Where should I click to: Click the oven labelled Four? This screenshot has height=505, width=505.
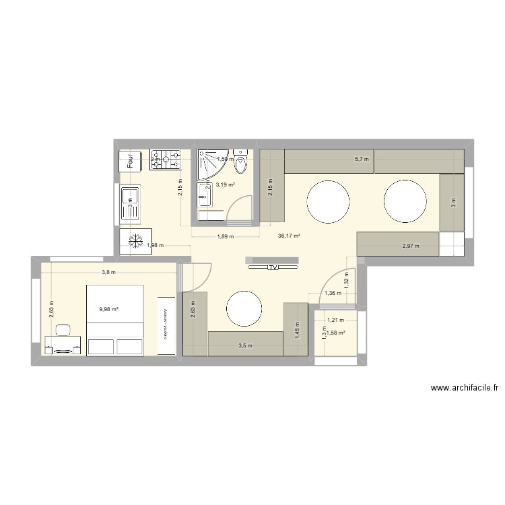[130, 160]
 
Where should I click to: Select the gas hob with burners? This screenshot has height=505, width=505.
[166, 160]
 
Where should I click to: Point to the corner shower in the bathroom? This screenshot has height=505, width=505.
[210, 164]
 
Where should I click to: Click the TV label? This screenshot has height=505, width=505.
[273, 267]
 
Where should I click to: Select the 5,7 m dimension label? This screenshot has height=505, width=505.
[362, 159]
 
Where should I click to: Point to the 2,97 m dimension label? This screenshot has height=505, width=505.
[411, 246]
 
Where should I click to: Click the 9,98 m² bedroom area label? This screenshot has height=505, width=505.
[108, 310]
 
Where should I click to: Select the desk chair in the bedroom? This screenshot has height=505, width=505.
[63, 331]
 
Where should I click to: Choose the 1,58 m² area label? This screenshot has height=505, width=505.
[336, 333]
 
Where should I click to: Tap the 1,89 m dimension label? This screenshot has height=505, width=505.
[224, 236]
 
